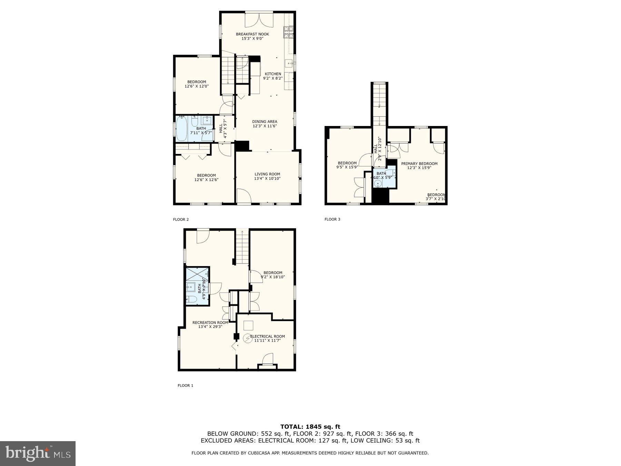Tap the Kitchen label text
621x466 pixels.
pyautogui.click(x=273, y=74)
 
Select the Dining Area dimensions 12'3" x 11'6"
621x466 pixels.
pyautogui.click(x=265, y=126)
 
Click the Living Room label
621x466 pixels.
pyautogui.click(x=267, y=174)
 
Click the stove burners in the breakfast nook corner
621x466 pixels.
pyautogui.click(x=288, y=32)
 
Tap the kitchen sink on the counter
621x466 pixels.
pyautogui.click(x=289, y=63)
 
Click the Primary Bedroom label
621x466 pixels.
pyautogui.click(x=419, y=164)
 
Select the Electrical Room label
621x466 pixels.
pyautogui.click(x=267, y=336)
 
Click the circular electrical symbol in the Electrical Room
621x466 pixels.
pyautogui.click(x=247, y=338)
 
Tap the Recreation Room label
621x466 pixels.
pyautogui.click(x=210, y=322)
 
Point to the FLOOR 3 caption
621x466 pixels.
pyautogui.click(x=332, y=219)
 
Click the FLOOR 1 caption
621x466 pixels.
pyautogui.click(x=185, y=386)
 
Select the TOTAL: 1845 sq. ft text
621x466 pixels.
pyautogui.click(x=310, y=427)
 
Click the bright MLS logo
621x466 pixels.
pyautogui.click(x=38, y=454)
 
